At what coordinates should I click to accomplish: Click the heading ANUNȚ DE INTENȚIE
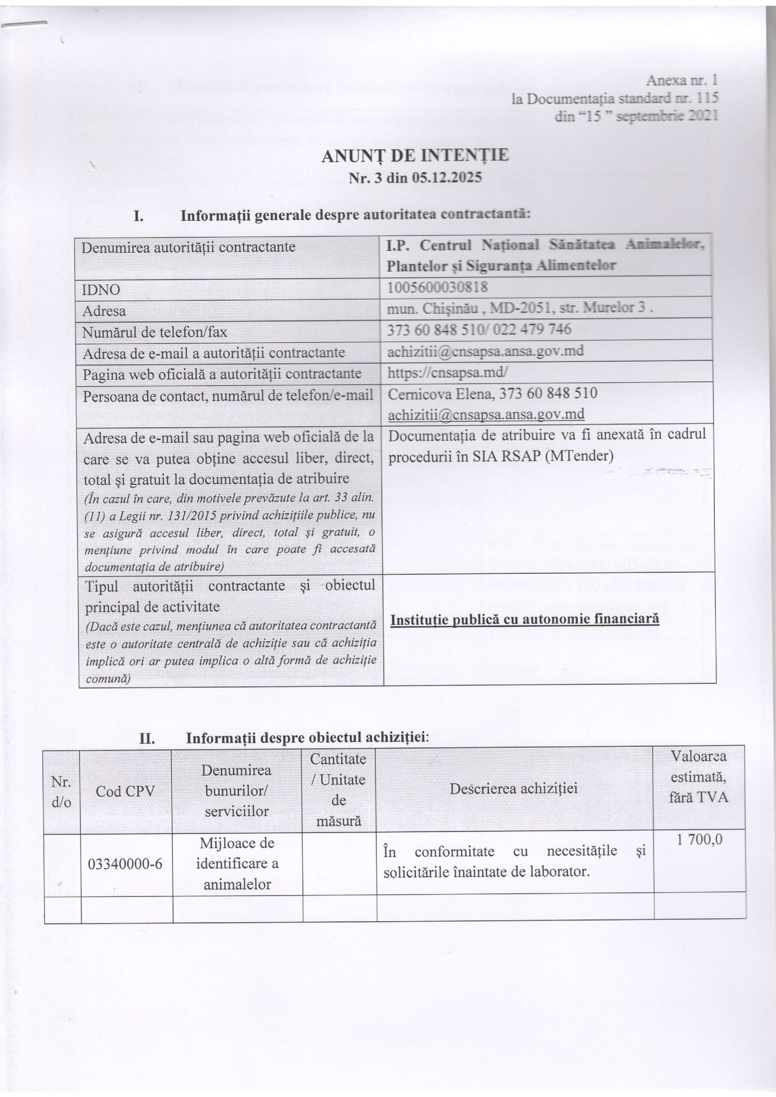coord(415,156)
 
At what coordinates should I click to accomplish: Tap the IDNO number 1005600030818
coord(437,287)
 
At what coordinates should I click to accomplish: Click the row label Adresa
coord(104,311)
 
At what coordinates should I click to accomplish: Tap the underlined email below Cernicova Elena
coord(486,414)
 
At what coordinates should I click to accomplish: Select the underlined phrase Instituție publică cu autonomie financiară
coord(524,619)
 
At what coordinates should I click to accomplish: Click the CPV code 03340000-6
coord(125,863)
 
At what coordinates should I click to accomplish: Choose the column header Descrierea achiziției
coord(514,788)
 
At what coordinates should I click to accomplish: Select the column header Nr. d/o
coord(61,792)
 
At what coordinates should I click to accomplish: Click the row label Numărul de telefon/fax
coord(154,332)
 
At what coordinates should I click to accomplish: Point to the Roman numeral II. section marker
coord(147,739)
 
